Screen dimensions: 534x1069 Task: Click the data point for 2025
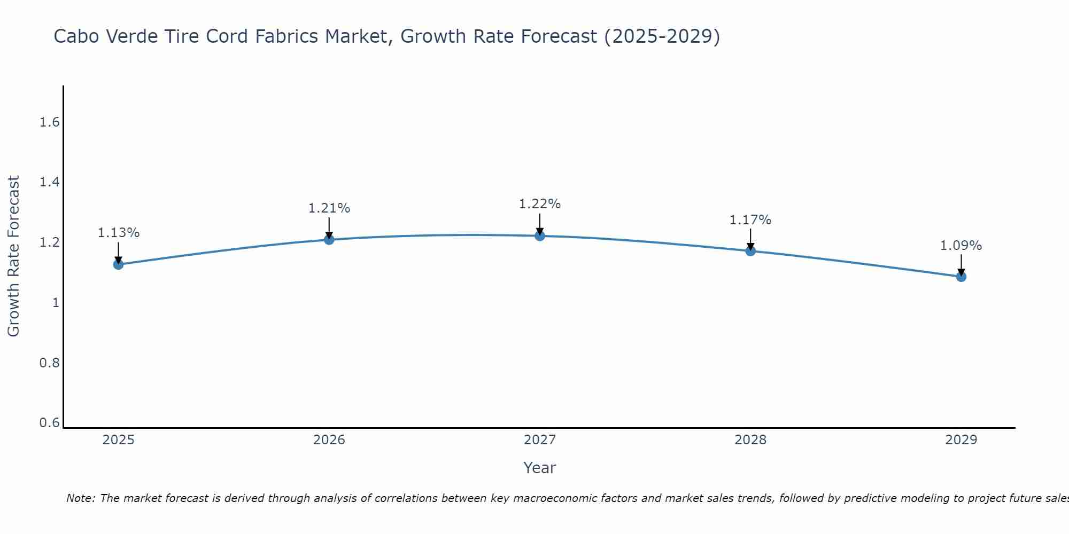point(118,264)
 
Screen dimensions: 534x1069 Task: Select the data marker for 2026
point(329,239)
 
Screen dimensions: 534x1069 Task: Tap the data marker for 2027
point(540,235)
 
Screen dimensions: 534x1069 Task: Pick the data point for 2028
point(750,250)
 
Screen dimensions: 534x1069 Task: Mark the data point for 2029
point(961,276)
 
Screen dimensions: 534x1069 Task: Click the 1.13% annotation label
point(118,233)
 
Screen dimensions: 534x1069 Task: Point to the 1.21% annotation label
point(329,208)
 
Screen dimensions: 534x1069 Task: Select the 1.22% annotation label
point(540,204)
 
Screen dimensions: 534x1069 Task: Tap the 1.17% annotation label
point(750,220)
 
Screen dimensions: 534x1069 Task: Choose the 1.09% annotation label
point(961,246)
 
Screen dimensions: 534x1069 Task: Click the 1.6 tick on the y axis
point(49,122)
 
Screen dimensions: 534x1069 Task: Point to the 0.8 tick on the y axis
point(49,363)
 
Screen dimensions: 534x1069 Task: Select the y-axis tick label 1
point(55,303)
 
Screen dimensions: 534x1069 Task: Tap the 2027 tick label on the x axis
point(540,440)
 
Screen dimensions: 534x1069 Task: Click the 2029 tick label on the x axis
point(961,440)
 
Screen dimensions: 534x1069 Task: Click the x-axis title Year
point(540,468)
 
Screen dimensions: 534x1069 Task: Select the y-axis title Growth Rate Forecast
point(13,256)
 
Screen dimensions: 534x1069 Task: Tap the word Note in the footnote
point(80,498)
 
